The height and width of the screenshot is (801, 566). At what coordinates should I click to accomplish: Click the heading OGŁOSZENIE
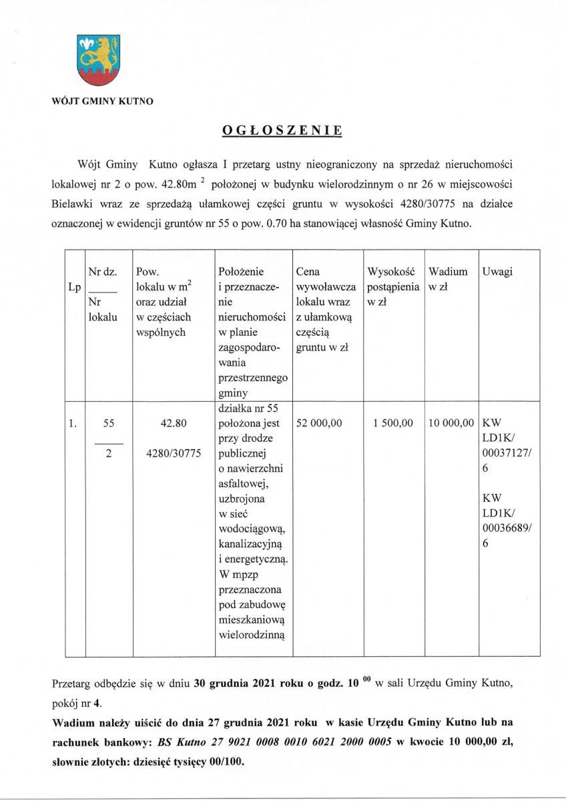282,131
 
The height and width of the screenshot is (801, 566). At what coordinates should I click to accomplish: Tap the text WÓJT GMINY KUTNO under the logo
102,102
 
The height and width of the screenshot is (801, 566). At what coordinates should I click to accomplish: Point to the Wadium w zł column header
448,280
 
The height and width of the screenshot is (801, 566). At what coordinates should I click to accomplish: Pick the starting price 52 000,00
319,423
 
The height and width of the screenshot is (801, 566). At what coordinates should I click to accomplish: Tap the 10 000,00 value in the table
451,423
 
